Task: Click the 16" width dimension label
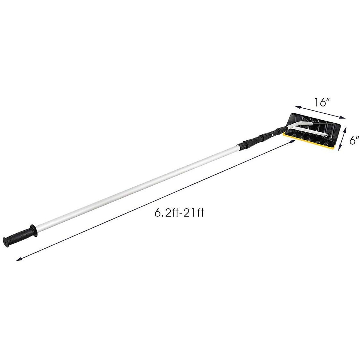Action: pyautogui.click(x=322, y=102)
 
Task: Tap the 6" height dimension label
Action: pyautogui.click(x=354, y=140)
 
